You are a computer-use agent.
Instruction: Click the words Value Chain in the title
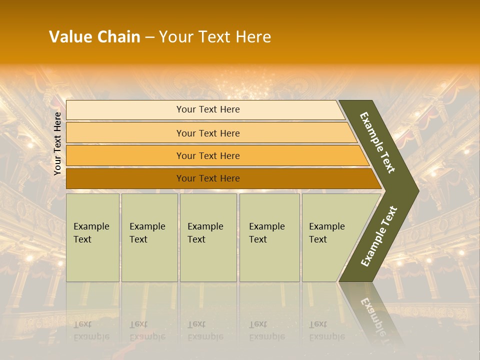94,37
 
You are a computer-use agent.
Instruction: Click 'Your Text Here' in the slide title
215,37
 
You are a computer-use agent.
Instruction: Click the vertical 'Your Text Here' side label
57,144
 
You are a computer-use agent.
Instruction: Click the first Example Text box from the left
92,237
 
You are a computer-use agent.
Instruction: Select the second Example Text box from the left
149,237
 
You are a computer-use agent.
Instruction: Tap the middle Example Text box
208,237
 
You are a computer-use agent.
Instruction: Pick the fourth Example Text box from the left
269,237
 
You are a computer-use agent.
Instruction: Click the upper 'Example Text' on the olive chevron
377,142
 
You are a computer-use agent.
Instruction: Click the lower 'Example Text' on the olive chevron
379,236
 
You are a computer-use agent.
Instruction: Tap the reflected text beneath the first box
91,330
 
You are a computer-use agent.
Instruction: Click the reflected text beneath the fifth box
326,330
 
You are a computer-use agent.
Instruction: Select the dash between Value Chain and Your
149,37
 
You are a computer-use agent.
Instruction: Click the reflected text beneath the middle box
205,330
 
